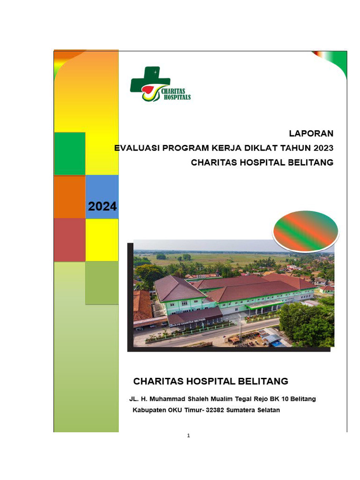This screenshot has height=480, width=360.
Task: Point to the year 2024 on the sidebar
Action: click(102, 206)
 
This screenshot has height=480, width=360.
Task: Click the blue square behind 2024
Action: click(102, 190)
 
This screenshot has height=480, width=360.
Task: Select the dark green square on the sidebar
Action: click(69, 154)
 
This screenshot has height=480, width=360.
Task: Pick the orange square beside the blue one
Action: click(69, 197)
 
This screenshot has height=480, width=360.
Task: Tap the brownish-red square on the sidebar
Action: click(69, 240)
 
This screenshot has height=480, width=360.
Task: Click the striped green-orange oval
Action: click(306, 231)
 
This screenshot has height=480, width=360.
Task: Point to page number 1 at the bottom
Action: click(188, 435)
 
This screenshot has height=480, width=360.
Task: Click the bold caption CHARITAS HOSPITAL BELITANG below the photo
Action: click(210, 381)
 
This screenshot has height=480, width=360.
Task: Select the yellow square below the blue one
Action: click(102, 240)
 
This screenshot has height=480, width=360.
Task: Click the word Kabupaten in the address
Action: click(148, 410)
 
